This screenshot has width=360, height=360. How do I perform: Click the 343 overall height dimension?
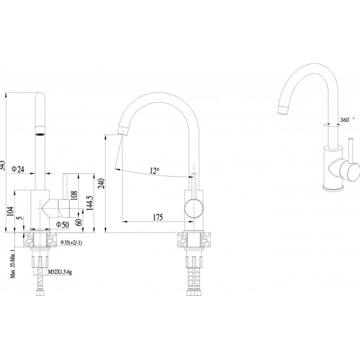(3, 164)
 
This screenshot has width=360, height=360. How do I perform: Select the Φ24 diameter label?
(18, 169)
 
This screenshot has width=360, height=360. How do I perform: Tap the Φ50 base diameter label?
(61, 224)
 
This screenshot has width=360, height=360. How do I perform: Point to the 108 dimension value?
(74, 196)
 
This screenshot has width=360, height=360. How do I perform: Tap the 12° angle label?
(154, 171)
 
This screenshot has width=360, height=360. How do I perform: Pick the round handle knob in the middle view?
(193, 208)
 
